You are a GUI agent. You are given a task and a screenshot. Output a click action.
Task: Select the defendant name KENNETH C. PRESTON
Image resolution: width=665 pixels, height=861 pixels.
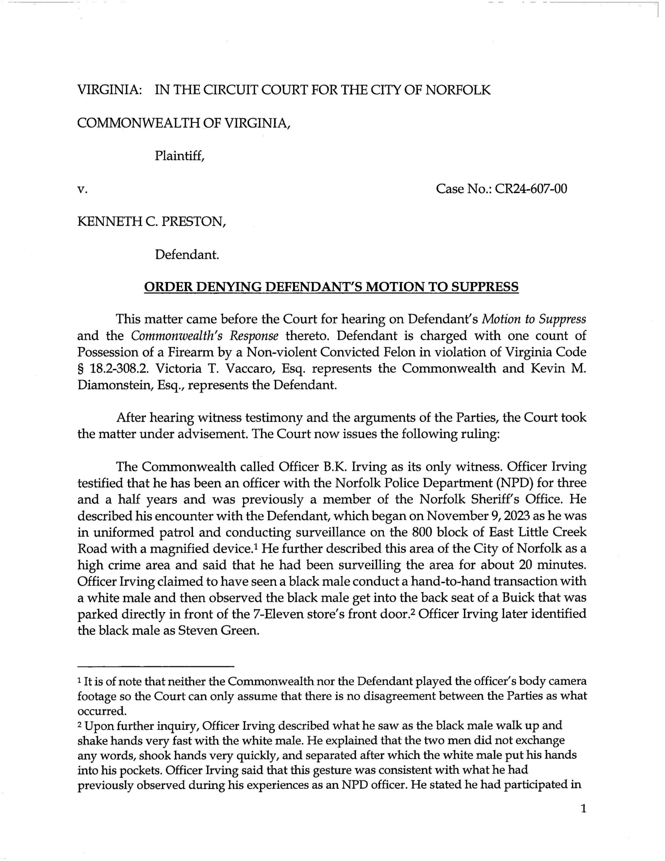[x=151, y=222]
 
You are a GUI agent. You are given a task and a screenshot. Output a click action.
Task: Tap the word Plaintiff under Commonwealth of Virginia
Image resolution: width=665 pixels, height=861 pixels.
[x=179, y=156]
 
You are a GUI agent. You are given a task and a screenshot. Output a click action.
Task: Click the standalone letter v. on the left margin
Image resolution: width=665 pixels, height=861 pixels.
[x=82, y=190]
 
